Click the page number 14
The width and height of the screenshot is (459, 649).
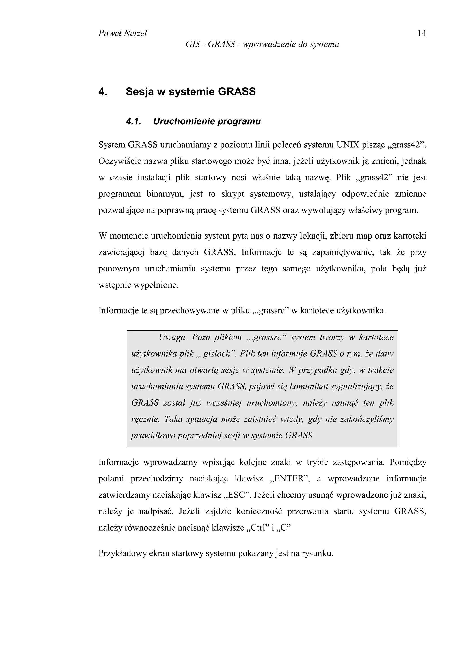[x=421, y=33]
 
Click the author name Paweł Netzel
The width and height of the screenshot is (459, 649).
[x=122, y=33]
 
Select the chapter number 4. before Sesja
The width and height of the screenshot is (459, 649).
[x=103, y=92]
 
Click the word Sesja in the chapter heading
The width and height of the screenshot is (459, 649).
[x=140, y=92]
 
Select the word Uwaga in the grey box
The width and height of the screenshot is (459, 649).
[x=173, y=337]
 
